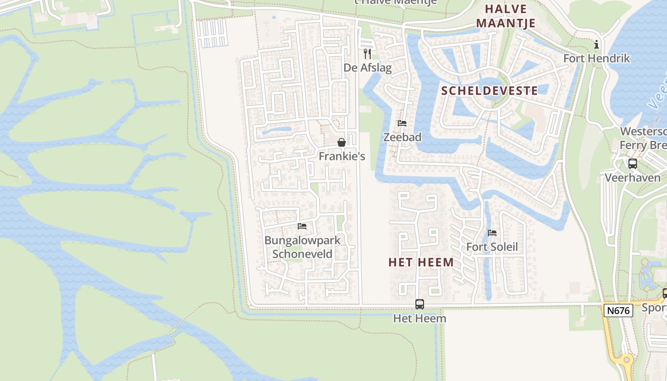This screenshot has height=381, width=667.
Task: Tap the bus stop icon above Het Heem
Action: [x=420, y=304]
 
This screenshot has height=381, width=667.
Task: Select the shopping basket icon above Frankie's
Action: [x=342, y=142]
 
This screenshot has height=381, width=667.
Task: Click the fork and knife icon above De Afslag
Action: [x=367, y=53]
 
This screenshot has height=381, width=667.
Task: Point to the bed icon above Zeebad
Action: [x=402, y=123]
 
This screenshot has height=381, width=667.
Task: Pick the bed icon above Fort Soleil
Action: [x=492, y=233]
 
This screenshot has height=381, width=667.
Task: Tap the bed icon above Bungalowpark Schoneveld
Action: [x=302, y=226]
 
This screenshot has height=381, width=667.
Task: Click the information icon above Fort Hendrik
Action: [x=596, y=45]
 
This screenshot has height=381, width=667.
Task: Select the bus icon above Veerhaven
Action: [x=633, y=164]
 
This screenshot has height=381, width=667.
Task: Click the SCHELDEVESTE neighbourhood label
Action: [x=489, y=91]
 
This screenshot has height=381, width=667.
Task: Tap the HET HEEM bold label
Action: [x=421, y=262]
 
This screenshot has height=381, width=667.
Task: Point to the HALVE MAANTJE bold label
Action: [x=505, y=16]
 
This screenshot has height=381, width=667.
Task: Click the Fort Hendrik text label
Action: [x=596, y=59]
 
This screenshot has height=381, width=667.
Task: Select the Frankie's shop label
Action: [x=342, y=156]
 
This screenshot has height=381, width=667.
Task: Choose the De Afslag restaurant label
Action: [x=367, y=68]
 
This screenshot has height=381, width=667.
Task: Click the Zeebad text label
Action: [x=403, y=137]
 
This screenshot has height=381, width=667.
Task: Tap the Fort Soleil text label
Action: [x=492, y=247]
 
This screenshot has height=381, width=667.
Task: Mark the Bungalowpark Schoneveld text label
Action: [x=303, y=247]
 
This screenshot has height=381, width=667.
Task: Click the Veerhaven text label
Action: [x=632, y=178]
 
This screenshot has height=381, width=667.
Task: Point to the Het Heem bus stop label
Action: [x=420, y=318]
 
